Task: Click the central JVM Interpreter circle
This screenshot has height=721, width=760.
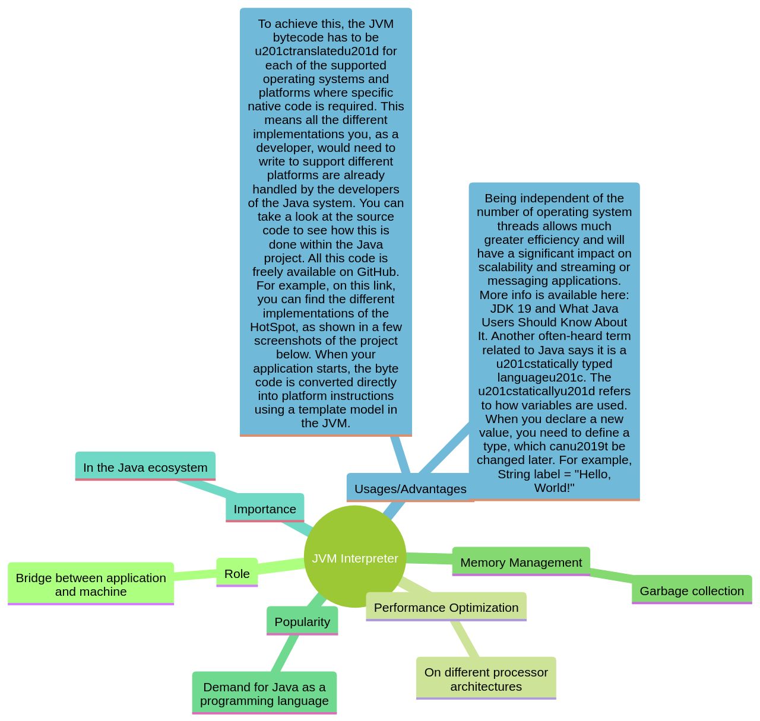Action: [355, 557]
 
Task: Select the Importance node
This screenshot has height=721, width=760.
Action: [265, 509]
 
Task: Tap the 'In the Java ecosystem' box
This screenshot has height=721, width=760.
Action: [145, 467]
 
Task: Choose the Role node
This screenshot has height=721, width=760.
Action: [237, 573]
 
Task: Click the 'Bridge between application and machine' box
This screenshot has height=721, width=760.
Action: [91, 584]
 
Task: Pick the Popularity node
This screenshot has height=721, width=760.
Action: [302, 621]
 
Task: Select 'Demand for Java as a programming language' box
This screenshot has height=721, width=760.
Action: [264, 693]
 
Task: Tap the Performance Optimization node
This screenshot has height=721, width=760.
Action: [446, 607]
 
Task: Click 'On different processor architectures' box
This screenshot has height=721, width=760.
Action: [486, 679]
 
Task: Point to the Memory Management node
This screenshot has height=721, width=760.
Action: [521, 562]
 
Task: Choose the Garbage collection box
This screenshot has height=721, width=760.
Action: [692, 590]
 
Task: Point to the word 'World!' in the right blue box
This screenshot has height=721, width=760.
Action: [554, 488]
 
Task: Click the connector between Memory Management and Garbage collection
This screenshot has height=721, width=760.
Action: [611, 574]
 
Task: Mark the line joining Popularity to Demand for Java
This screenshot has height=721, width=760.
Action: [285, 653]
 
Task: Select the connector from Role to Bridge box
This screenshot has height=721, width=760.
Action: [195, 574]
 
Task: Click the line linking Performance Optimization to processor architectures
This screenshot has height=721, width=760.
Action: [464, 639]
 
